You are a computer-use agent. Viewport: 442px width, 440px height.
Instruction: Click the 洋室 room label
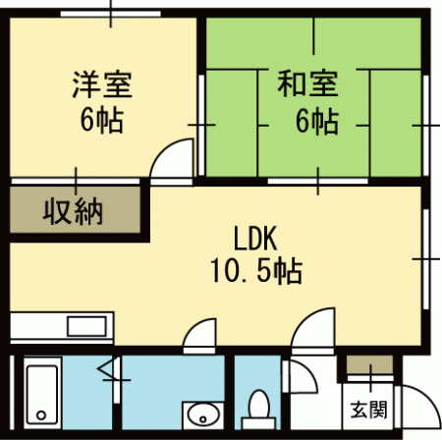[102, 84]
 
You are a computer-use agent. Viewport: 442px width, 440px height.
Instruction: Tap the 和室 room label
[307, 84]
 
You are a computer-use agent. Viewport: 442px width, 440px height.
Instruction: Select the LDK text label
[255, 239]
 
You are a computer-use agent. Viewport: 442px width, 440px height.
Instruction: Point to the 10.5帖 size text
[255, 271]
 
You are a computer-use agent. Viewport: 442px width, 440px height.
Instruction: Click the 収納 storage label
[73, 212]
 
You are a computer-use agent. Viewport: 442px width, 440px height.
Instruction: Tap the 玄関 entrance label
[368, 410]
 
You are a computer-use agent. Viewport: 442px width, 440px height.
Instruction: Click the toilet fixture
[259, 411]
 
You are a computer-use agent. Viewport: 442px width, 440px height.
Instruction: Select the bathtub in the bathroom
[42, 393]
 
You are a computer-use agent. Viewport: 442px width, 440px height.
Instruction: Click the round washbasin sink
[202, 415]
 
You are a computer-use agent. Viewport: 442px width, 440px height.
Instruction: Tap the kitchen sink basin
[86, 326]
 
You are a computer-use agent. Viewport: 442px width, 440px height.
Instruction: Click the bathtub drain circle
[41, 415]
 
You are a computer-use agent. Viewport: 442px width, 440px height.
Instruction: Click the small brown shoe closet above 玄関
[369, 365]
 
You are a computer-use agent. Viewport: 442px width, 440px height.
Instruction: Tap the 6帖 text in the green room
[317, 122]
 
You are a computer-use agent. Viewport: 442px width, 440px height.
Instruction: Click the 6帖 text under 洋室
[102, 120]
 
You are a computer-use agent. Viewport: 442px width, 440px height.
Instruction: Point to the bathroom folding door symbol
[108, 368]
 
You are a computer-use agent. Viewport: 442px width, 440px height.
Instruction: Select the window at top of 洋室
[111, 14]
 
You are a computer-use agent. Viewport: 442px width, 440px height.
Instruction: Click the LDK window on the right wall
[425, 259]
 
